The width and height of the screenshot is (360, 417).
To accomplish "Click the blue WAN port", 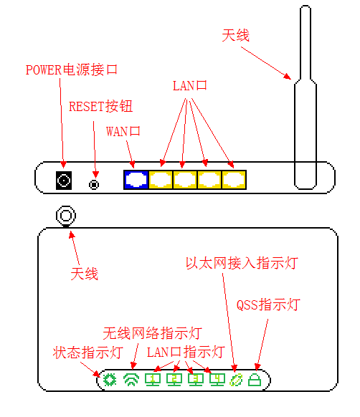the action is tap(136, 180).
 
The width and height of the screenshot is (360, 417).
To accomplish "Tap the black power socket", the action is tap(64, 181).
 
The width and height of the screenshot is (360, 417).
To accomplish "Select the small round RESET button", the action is tap(94, 185).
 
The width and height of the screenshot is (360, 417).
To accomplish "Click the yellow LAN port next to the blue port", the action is tap(161, 180).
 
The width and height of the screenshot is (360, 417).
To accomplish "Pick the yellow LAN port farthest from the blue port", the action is tap(234, 180).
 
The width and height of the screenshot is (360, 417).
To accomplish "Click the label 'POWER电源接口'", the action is tap(72, 69).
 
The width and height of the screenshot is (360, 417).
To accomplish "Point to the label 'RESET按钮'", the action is tap(100, 106).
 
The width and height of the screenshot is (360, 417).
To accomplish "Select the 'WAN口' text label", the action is tap(123, 131).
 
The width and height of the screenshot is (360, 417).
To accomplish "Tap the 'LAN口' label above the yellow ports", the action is tap(190, 86).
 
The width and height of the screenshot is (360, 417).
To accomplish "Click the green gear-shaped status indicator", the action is tap(110, 380).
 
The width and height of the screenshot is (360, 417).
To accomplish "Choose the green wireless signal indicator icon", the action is tap(131, 380).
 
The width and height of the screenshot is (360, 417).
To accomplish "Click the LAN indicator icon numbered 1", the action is tap(153, 380).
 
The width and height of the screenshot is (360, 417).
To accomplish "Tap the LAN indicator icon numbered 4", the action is tap(217, 380).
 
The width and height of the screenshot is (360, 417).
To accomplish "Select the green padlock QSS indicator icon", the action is tap(255, 380).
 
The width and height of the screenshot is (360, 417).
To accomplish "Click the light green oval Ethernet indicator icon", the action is tap(236, 380).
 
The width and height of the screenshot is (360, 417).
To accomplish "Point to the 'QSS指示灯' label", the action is tap(268, 305).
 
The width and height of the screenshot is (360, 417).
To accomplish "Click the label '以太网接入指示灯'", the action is tap(242, 263).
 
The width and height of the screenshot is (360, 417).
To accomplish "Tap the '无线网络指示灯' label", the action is tap(152, 333).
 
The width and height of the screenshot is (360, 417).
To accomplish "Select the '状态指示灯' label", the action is tap(88, 353).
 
